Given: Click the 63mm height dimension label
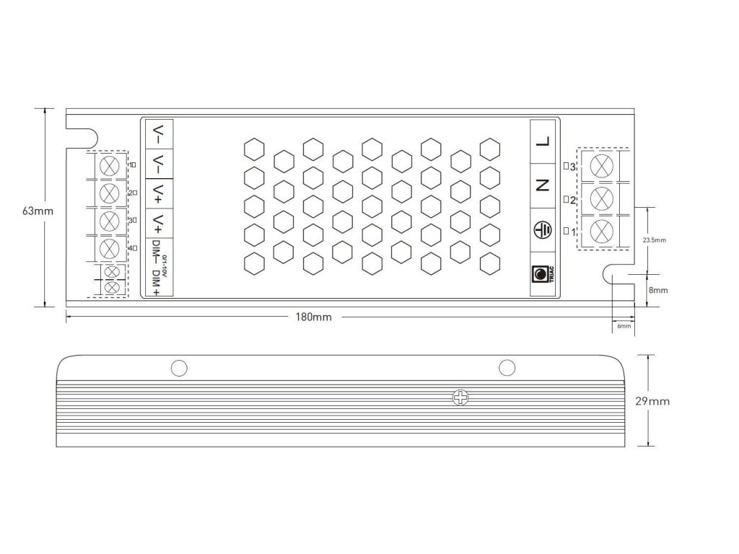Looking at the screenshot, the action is click(37, 211).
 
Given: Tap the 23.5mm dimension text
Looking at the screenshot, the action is click(654, 239).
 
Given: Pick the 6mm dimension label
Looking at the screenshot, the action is click(624, 326).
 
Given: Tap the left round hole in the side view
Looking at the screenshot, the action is click(179, 368).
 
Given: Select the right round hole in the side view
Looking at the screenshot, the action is click(507, 368).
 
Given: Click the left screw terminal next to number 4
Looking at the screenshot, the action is click(109, 249).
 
